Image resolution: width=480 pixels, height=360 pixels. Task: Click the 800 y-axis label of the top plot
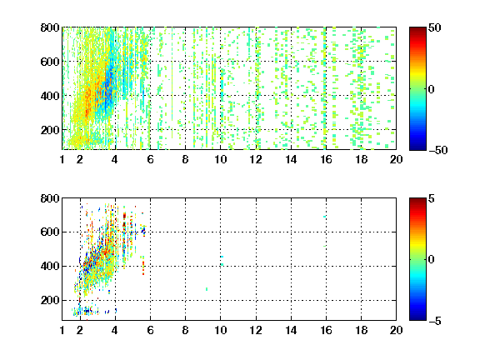50,27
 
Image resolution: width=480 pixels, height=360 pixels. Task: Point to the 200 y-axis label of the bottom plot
50,300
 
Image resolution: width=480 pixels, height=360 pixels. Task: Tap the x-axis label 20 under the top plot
396,159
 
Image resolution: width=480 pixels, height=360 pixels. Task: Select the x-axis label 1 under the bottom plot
62,330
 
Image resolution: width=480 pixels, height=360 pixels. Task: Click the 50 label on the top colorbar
434,27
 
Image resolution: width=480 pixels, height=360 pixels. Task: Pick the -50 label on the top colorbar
438,150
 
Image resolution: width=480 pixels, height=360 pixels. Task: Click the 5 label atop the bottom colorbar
432,198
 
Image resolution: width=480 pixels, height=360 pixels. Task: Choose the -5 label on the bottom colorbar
435,321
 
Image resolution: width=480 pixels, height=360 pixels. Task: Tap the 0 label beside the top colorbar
432,89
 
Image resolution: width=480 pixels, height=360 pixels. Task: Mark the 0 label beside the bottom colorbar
432,260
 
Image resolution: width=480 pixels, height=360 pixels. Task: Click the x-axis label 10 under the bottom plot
220,330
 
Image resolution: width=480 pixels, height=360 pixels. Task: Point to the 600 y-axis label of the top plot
50,62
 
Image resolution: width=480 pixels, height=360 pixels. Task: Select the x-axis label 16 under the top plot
327,159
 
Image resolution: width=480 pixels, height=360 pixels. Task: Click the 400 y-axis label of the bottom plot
50,266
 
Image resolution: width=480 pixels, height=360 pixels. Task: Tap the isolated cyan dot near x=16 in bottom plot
324,217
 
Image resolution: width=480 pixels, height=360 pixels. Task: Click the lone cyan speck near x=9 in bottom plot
207,289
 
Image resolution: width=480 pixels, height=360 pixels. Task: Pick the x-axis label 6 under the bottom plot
150,330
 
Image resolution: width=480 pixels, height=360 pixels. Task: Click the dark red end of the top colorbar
417,29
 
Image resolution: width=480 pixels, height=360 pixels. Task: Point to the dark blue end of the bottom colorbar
417,318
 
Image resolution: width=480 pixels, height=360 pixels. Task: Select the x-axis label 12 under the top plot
256,159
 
